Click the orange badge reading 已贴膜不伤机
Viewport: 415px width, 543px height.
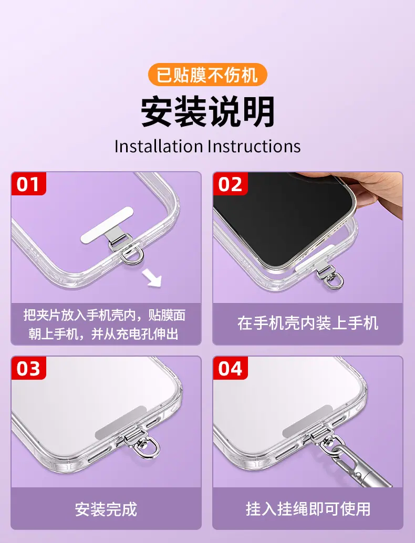[207, 75]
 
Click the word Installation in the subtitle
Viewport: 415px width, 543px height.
[159, 146]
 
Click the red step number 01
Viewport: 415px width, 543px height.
[28, 184]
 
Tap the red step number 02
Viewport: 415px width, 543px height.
[230, 184]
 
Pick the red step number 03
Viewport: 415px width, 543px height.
[28, 368]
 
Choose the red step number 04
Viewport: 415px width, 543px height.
[230, 368]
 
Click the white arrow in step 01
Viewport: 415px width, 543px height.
[152, 278]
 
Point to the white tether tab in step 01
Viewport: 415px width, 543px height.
[107, 225]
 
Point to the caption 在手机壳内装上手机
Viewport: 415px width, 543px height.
[308, 323]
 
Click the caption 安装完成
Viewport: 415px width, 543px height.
[106, 509]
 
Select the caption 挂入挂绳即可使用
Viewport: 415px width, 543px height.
[308, 509]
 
